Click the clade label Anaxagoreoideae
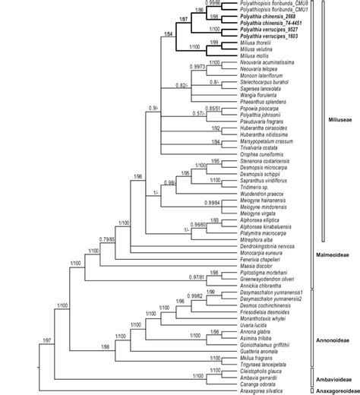point(334,390)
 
